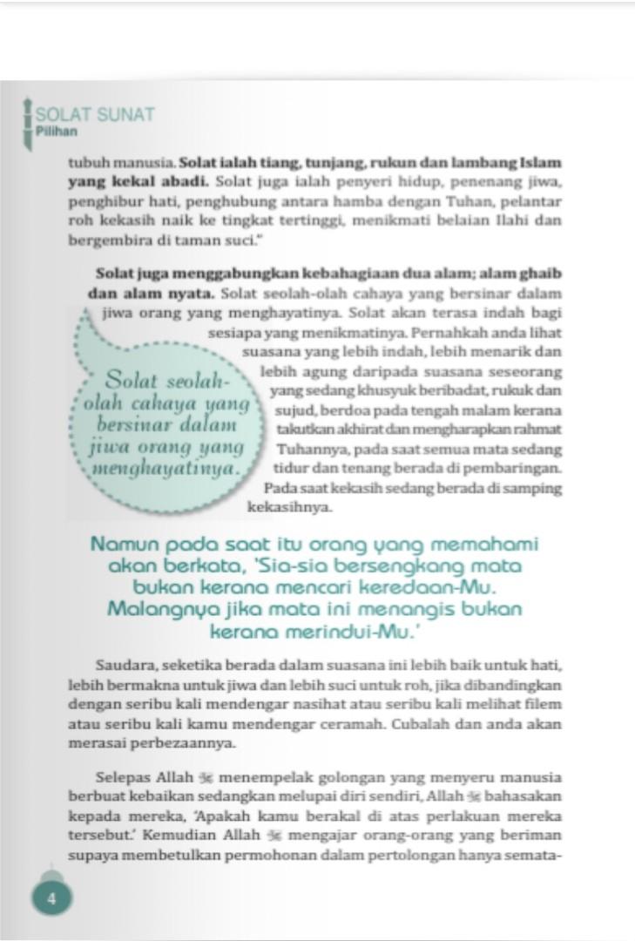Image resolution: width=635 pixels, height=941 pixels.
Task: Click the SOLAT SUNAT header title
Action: (x=96, y=115)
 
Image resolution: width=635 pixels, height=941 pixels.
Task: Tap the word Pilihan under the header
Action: (x=57, y=132)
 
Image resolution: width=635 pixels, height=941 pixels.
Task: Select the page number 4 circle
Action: (x=52, y=899)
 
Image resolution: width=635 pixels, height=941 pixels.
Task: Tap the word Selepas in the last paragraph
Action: (x=123, y=777)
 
